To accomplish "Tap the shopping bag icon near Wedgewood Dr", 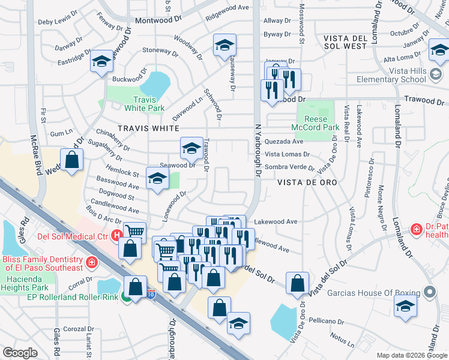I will [71, 160].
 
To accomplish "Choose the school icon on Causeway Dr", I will [224, 45].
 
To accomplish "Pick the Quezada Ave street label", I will [284, 142].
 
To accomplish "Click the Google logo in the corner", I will [20, 353].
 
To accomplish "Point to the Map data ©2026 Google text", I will [411, 355].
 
